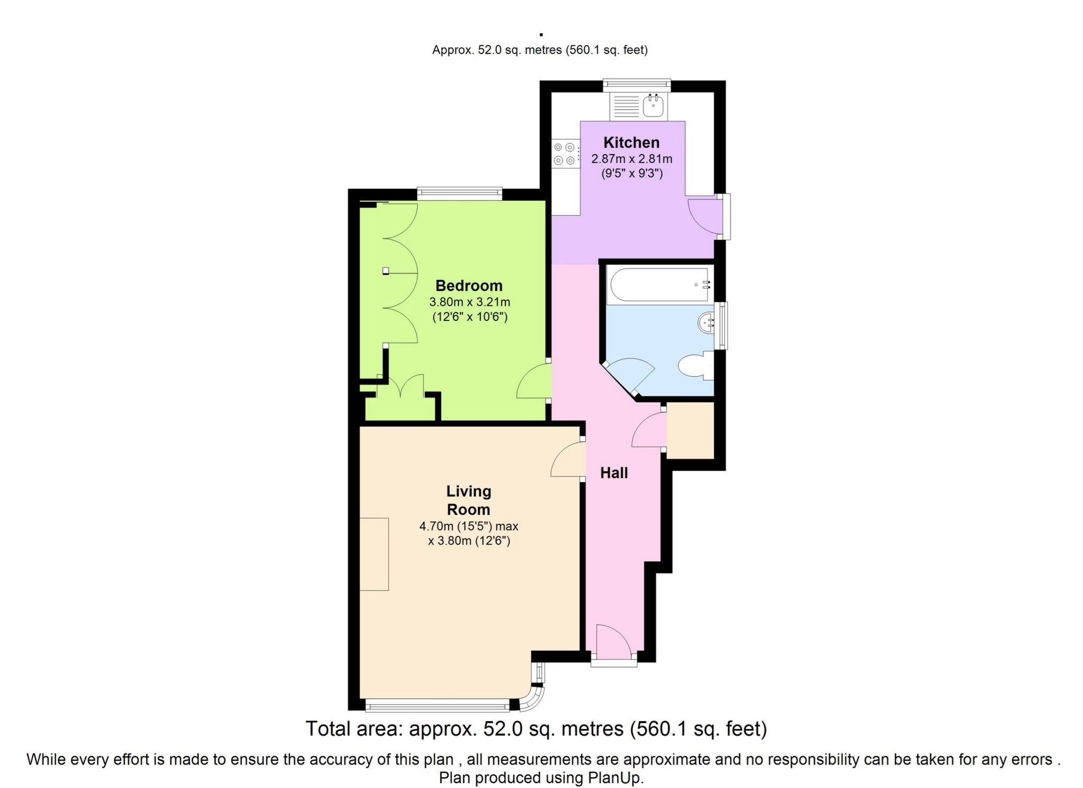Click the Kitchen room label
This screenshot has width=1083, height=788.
coord(631,142)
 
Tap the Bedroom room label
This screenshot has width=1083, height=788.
coord(468,286)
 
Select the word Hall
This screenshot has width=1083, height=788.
coord(613,473)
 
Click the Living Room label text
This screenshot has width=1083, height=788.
coord(468,500)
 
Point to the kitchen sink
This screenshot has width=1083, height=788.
coord(654,105)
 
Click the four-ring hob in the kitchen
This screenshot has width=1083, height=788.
coord(565,154)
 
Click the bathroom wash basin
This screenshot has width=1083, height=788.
coord(707,323)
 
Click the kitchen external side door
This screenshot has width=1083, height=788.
coord(705,216)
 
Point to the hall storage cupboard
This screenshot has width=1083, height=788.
coord(690,431)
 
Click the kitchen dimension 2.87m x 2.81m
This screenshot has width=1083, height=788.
coord(631,159)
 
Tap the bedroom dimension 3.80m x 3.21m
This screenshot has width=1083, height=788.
coord(469,302)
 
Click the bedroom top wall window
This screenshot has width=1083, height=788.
coord(459,193)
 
